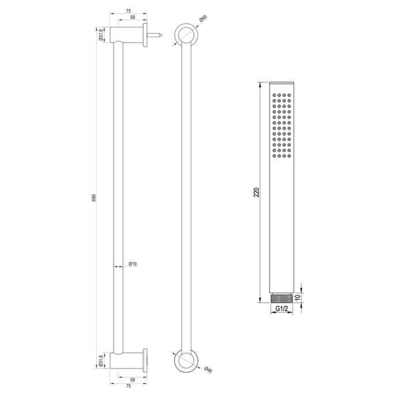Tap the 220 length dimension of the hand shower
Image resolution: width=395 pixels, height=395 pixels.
(256, 190)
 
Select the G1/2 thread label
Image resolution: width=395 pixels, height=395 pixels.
(281, 309)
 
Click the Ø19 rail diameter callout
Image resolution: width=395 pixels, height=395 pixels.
(132, 264)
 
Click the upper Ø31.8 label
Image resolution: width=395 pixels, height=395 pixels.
(101, 34)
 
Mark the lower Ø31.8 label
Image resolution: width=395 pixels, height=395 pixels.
(101, 361)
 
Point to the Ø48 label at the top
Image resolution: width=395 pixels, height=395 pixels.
(203, 19)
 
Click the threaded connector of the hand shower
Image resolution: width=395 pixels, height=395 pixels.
(281, 298)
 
